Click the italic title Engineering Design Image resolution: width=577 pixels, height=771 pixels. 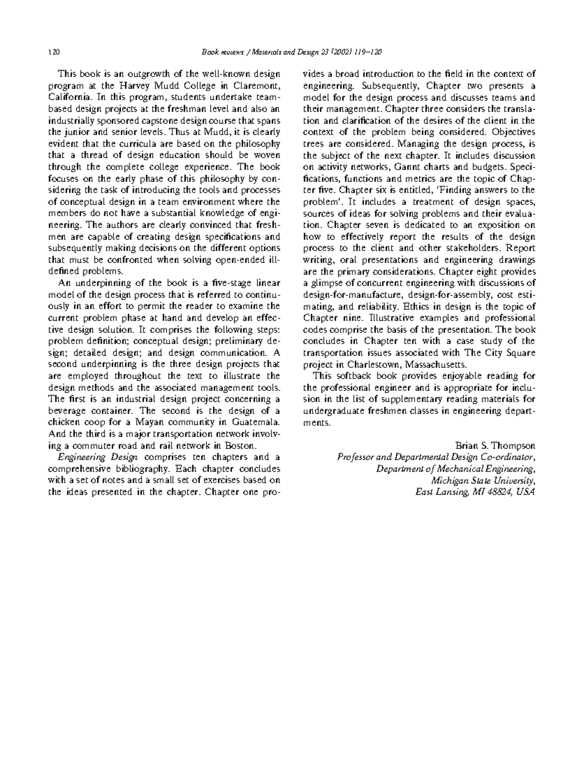point(98,457)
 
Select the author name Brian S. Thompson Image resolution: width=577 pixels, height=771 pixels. point(494,445)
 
